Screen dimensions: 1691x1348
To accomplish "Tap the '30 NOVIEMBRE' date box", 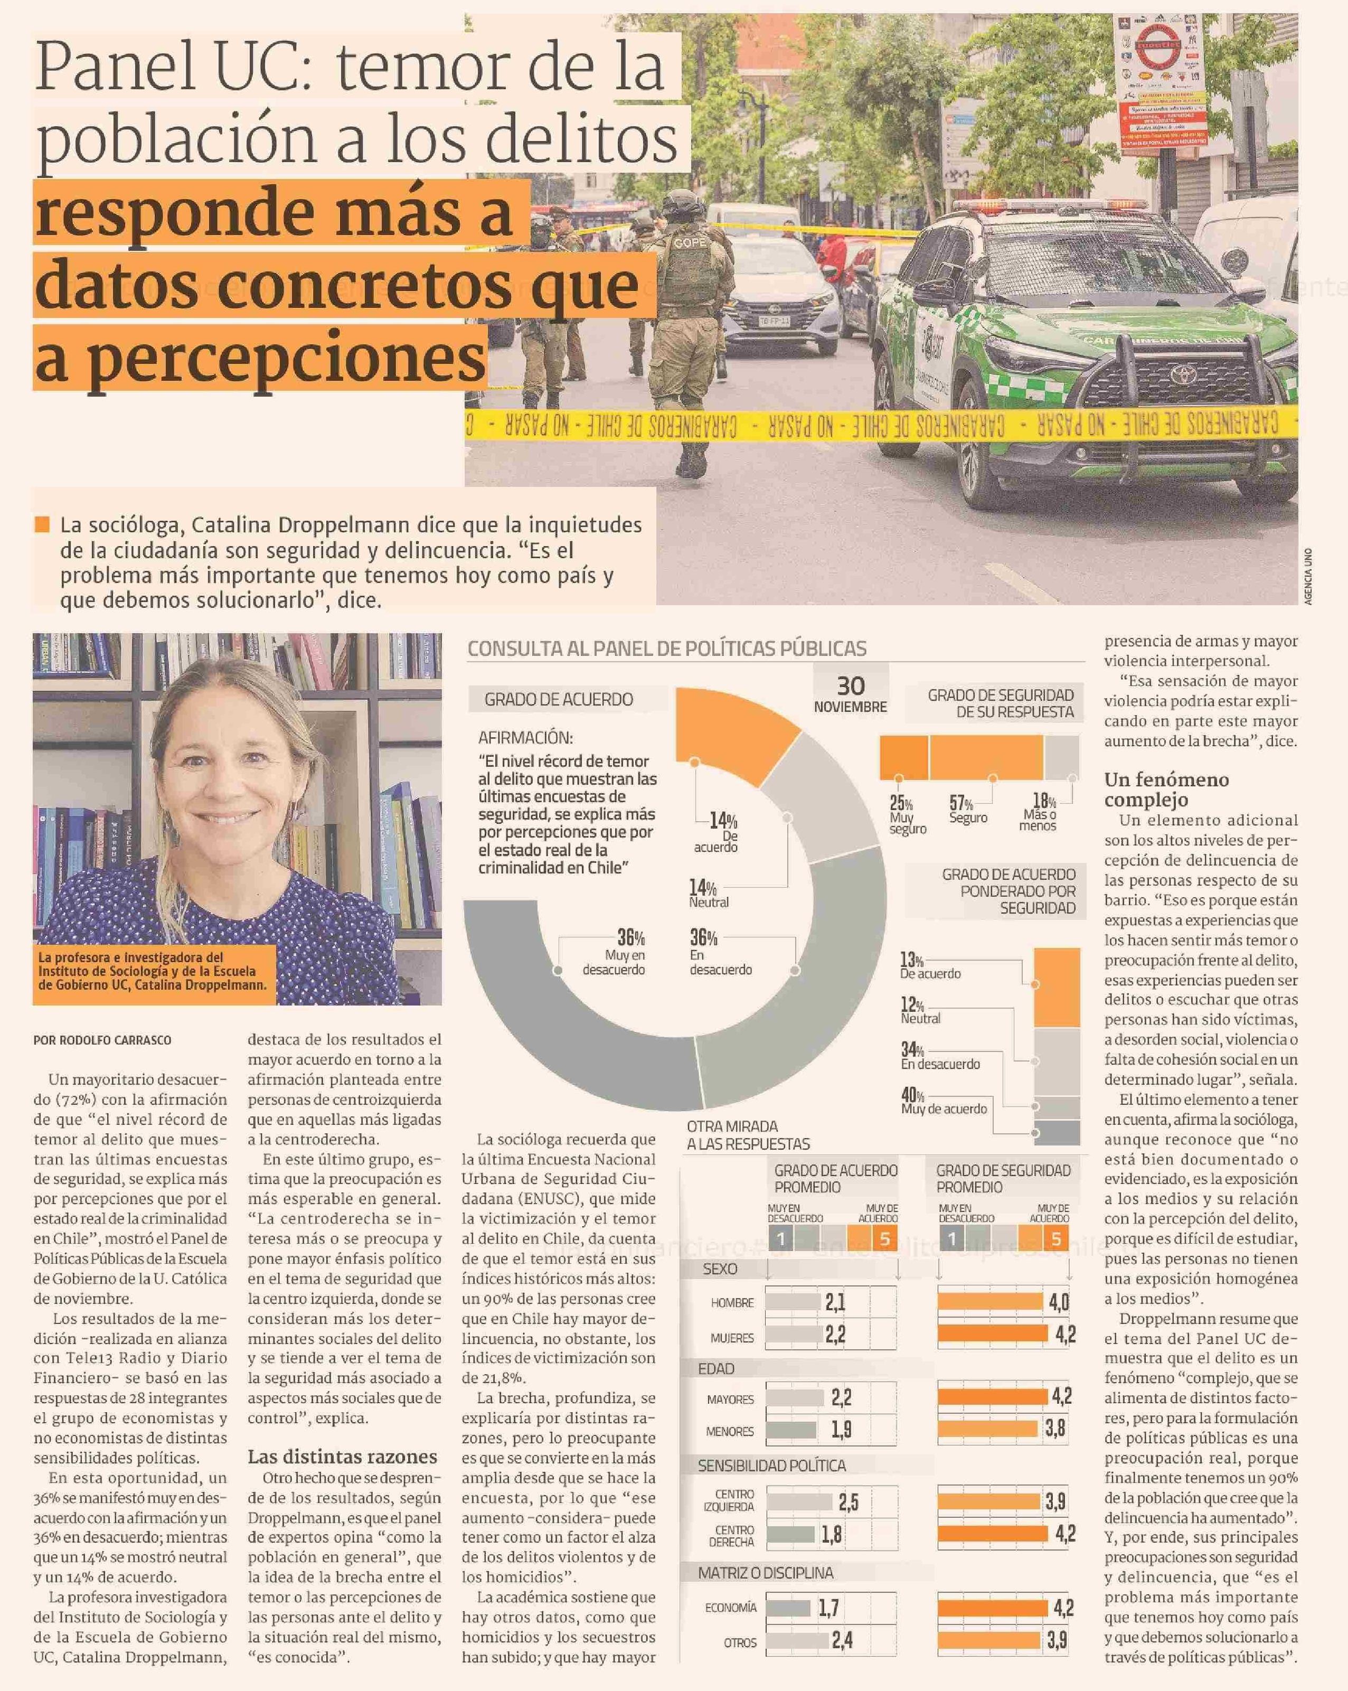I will pos(850,692).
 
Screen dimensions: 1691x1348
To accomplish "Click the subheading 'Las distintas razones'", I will pos(342,1457).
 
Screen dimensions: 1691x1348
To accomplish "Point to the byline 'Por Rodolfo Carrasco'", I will pos(102,1040).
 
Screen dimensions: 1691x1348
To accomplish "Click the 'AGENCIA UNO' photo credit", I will pos(1308,577).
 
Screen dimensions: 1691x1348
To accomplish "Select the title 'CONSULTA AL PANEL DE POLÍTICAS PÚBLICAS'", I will pos(666,649).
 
